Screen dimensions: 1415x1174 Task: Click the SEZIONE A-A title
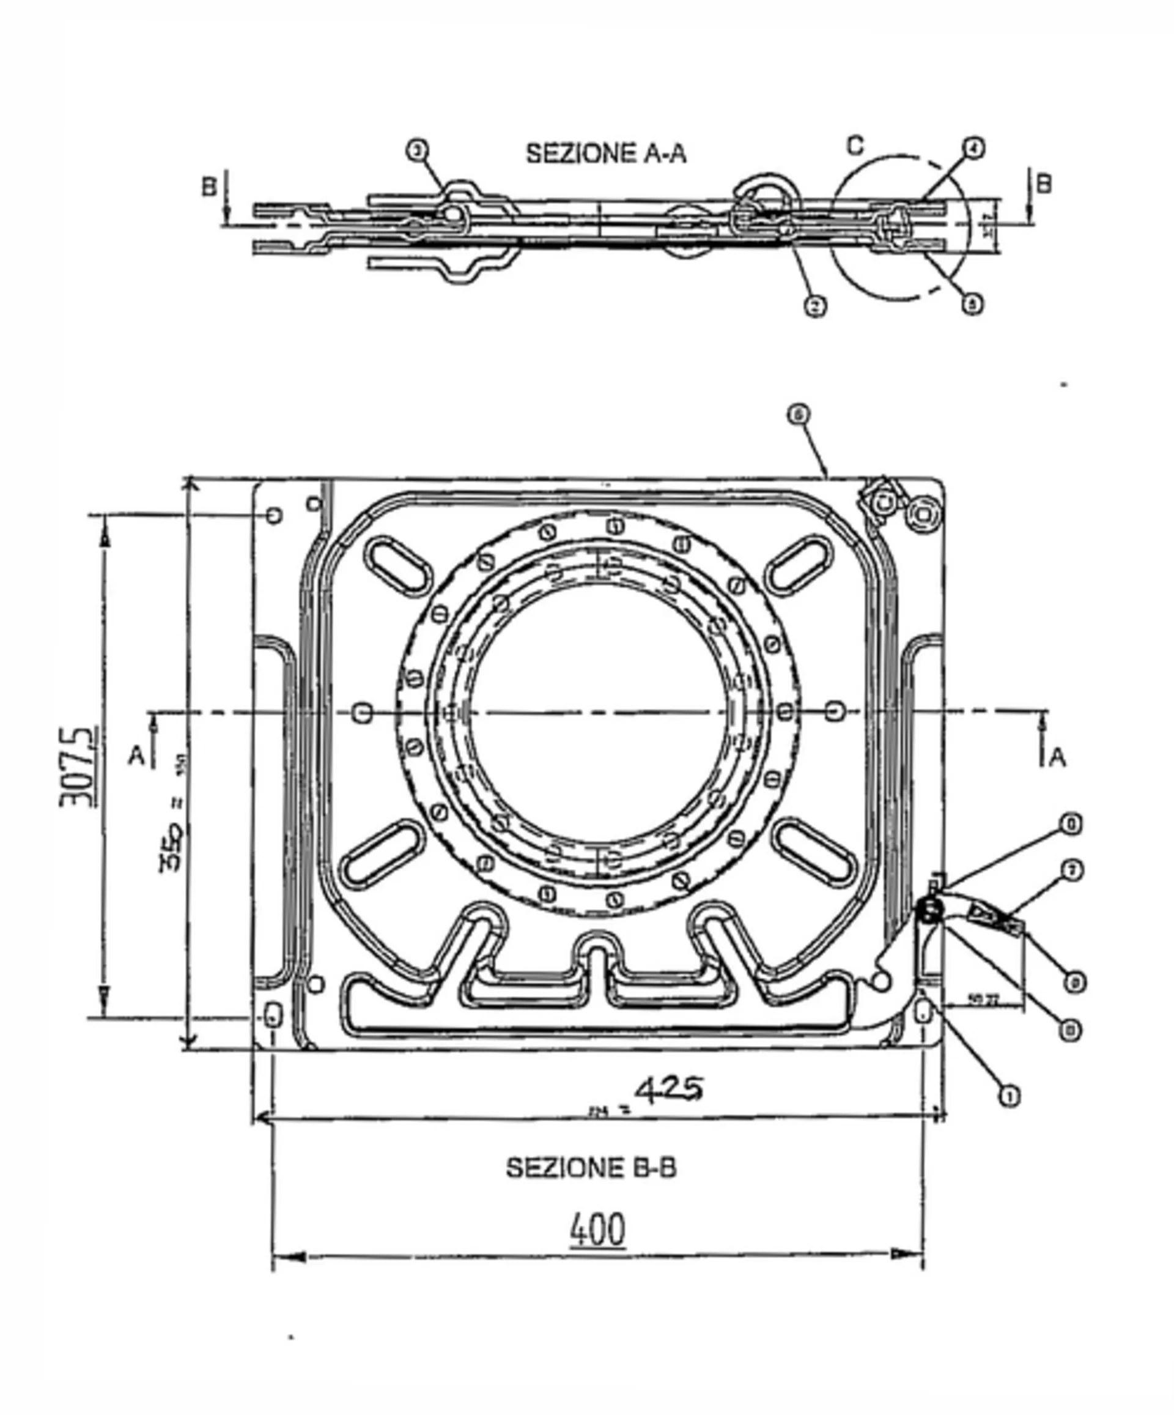coord(605,154)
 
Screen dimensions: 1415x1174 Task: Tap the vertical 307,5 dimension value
coord(79,766)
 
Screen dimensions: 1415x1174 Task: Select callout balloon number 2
coord(815,306)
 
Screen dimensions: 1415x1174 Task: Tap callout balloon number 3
coord(417,151)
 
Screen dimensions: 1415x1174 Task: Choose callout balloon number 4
coord(973,148)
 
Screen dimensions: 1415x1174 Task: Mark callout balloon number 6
coord(799,414)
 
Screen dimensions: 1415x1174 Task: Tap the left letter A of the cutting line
coord(137,756)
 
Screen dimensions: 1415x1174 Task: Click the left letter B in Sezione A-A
coord(210,187)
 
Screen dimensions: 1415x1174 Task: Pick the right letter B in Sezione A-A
coord(1043,184)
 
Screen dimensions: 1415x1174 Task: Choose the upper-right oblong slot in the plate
coord(801,565)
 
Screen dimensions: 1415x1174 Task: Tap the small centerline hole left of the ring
coord(364,712)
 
